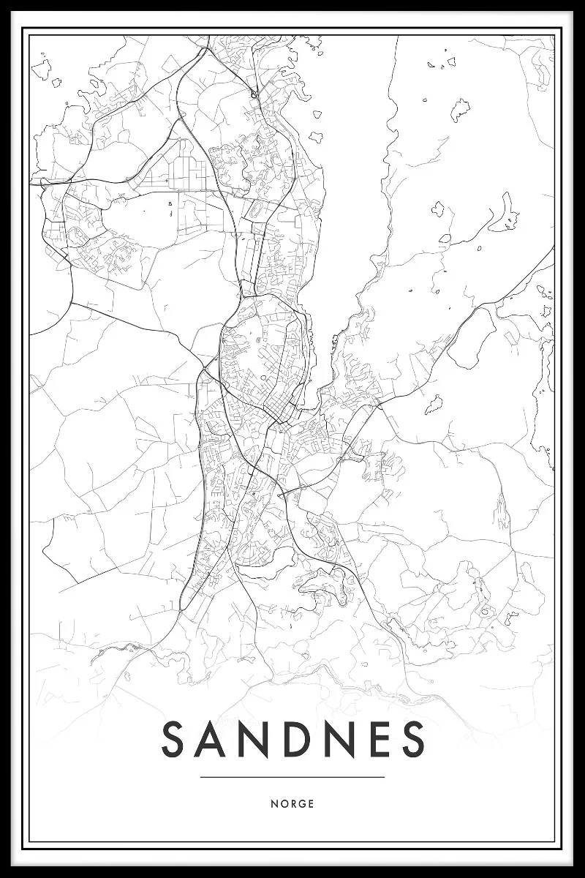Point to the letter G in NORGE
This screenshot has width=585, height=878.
[301, 803]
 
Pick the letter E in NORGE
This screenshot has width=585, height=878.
[311, 803]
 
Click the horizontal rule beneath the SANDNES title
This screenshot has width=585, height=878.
[292, 777]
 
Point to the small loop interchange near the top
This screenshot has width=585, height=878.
[254, 94]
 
